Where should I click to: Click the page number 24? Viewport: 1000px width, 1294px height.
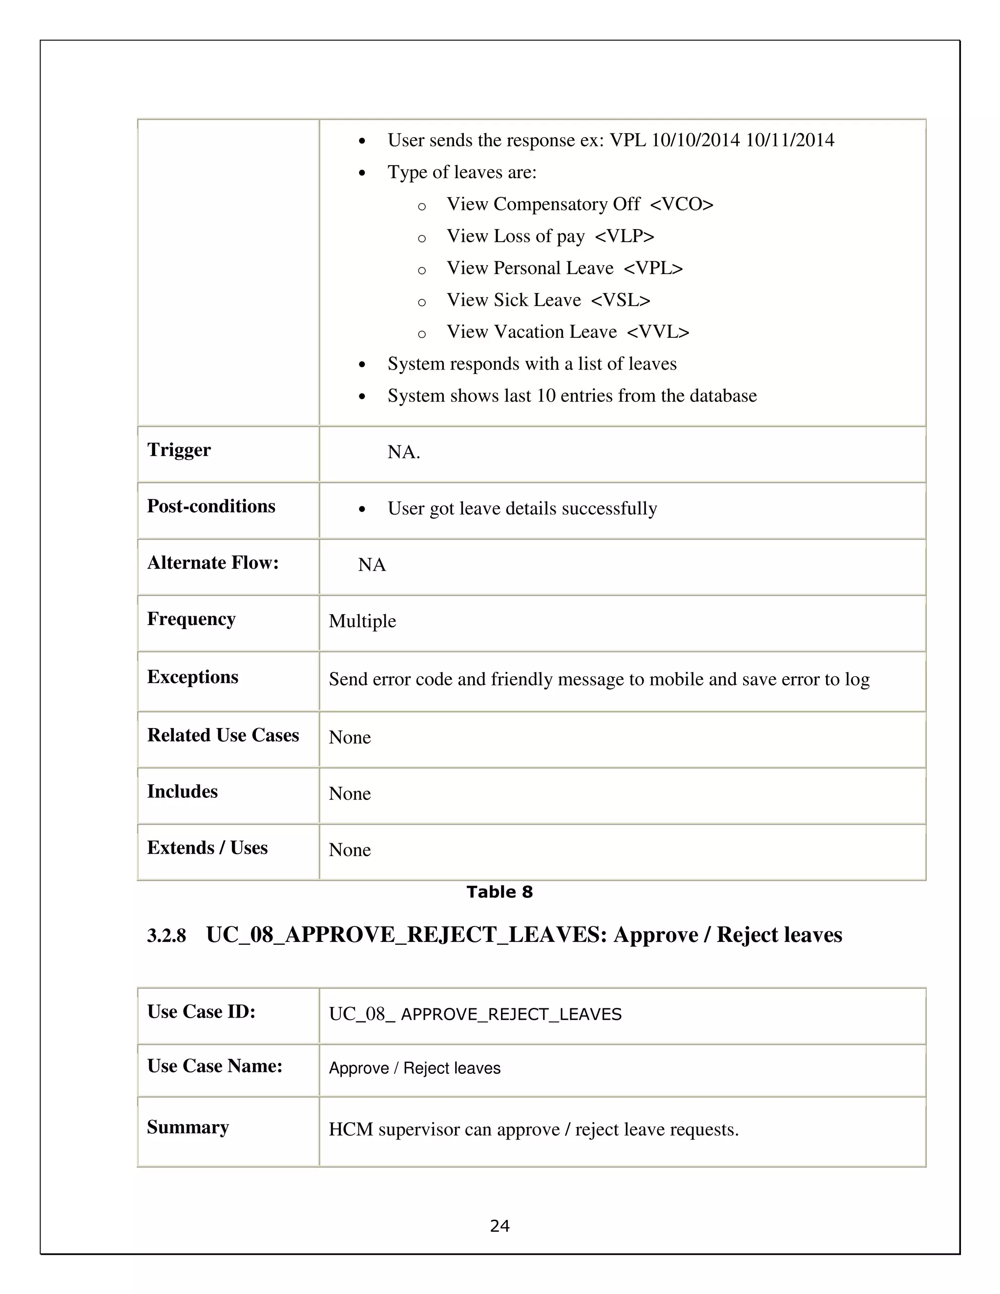point(500,1225)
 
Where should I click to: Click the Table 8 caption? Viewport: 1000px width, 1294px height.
point(500,892)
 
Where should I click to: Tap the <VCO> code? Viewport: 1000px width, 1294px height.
point(681,205)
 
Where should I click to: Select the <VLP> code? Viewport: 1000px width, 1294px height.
point(625,236)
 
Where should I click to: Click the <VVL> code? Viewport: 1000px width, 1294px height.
point(658,333)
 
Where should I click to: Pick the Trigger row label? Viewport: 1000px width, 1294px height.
point(179,450)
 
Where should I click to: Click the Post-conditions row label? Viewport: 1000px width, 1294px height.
point(211,506)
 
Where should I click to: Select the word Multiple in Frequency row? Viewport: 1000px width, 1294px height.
point(362,621)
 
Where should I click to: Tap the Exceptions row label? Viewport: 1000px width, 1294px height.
point(192,677)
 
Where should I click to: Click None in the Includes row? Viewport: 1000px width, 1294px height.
point(350,793)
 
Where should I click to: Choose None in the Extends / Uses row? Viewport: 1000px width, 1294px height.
point(350,850)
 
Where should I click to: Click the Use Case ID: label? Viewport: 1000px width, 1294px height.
point(201,1011)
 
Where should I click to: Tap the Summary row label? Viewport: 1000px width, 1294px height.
point(188,1127)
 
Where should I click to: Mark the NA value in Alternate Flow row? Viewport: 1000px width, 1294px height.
point(372,564)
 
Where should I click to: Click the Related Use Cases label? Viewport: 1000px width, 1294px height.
point(223,735)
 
